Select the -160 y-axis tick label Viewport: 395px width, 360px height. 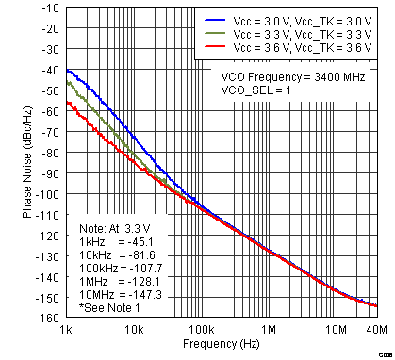[x=45, y=318]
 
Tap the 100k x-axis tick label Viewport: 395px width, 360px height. [x=201, y=331]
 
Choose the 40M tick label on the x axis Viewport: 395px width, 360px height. [x=376, y=331]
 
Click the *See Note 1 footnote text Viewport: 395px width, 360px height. [x=111, y=308]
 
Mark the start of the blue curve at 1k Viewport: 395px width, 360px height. [x=67, y=70]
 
